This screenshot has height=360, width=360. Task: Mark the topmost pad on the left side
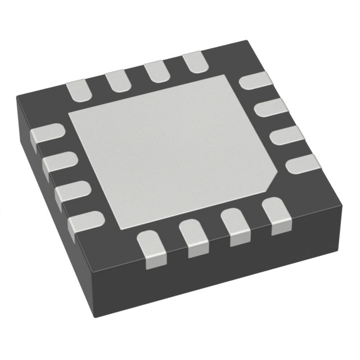(45, 136)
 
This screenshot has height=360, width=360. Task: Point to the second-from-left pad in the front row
(192, 237)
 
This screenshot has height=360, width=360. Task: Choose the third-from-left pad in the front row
(235, 226)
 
